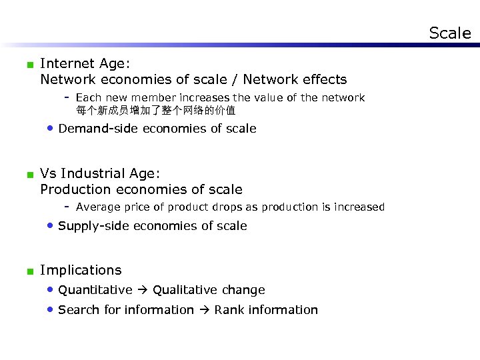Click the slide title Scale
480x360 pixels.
coord(449,33)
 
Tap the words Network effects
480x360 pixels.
coord(295,80)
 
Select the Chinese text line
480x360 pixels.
coord(155,110)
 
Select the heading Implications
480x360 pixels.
coord(81,270)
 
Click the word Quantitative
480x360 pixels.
coord(95,290)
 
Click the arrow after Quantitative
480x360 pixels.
coord(143,290)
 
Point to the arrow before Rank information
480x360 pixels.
coord(204,310)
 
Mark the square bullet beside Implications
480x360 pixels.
coord(29,271)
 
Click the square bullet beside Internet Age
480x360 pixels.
coord(29,65)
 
